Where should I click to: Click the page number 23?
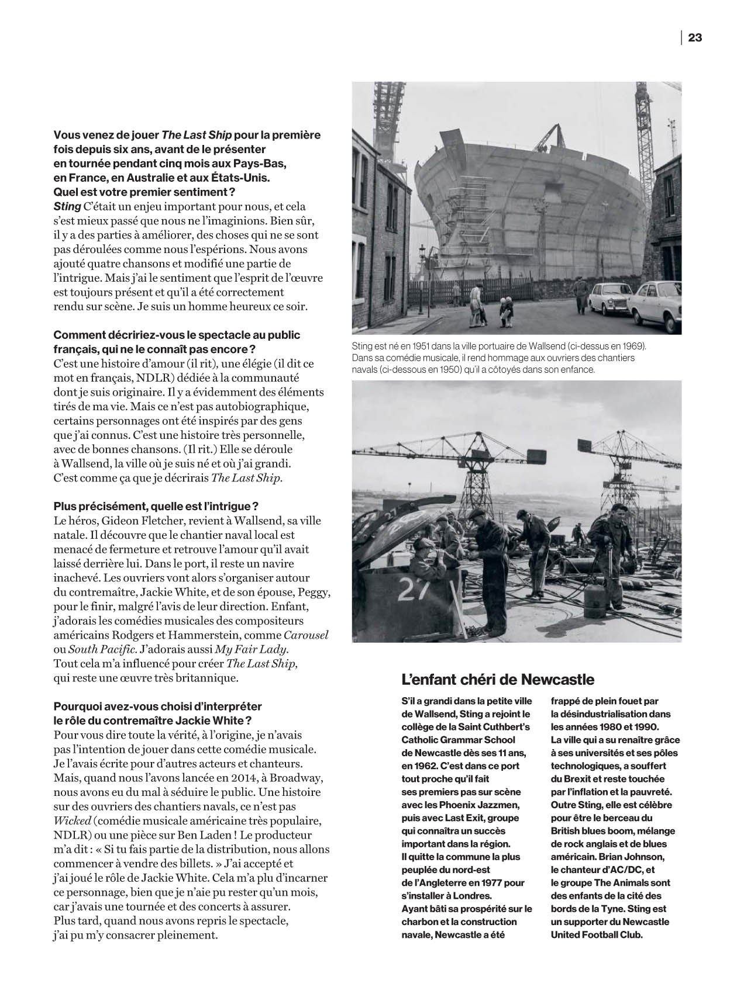694,37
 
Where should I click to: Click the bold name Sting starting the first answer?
66,206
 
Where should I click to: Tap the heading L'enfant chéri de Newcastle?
498,680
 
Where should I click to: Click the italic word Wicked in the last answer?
70,820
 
